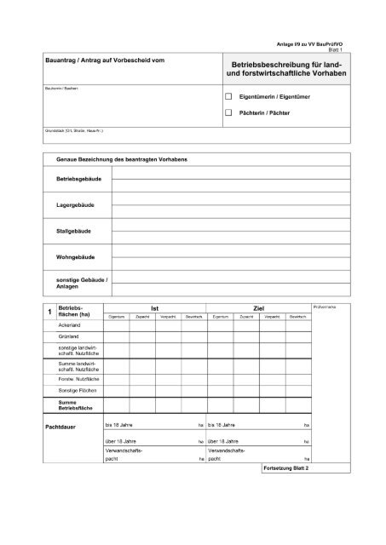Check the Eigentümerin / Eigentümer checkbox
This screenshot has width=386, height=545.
point(228,99)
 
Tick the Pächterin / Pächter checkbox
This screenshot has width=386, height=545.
point(228,112)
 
